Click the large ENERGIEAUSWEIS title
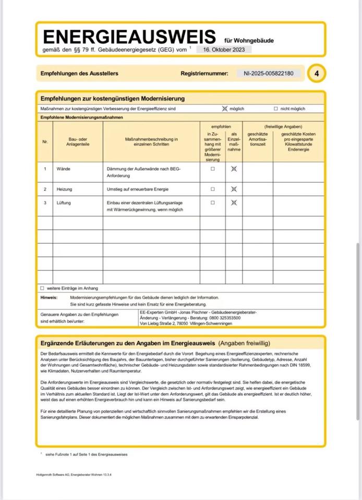click(x=129, y=37)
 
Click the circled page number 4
click(x=317, y=74)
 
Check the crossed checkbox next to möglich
click(x=225, y=109)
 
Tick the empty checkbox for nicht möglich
click(x=276, y=109)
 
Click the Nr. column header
click(x=45, y=142)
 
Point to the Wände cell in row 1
click(x=63, y=169)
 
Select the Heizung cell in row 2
click(x=64, y=189)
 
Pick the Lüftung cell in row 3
click(x=64, y=203)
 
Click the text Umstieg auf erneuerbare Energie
click(x=137, y=189)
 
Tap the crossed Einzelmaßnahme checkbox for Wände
click(x=234, y=169)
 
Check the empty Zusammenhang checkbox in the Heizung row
click(x=212, y=189)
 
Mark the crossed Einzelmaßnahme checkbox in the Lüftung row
click(x=234, y=203)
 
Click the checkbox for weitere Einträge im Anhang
click(x=42, y=288)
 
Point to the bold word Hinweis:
click(x=49, y=297)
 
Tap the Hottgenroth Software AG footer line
click(x=74, y=474)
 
